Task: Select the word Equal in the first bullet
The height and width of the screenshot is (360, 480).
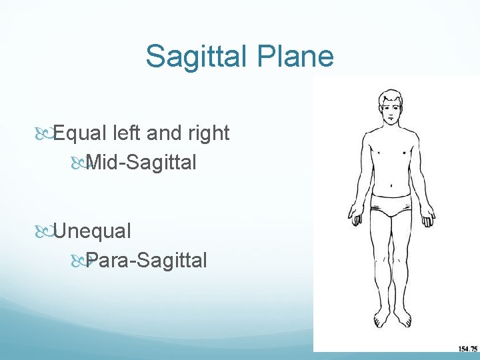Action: [81, 133]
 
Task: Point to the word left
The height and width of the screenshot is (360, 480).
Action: [127, 133]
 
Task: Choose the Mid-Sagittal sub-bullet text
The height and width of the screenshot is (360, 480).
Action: [141, 162]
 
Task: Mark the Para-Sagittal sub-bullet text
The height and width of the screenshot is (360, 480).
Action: [146, 260]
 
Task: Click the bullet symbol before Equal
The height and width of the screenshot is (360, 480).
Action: [45, 134]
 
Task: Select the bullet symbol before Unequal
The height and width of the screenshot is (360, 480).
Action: [45, 232]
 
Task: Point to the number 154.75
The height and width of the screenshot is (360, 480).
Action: [467, 349]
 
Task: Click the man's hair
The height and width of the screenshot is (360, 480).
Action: [391, 96]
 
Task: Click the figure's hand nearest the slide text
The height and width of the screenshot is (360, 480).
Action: [355, 217]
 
